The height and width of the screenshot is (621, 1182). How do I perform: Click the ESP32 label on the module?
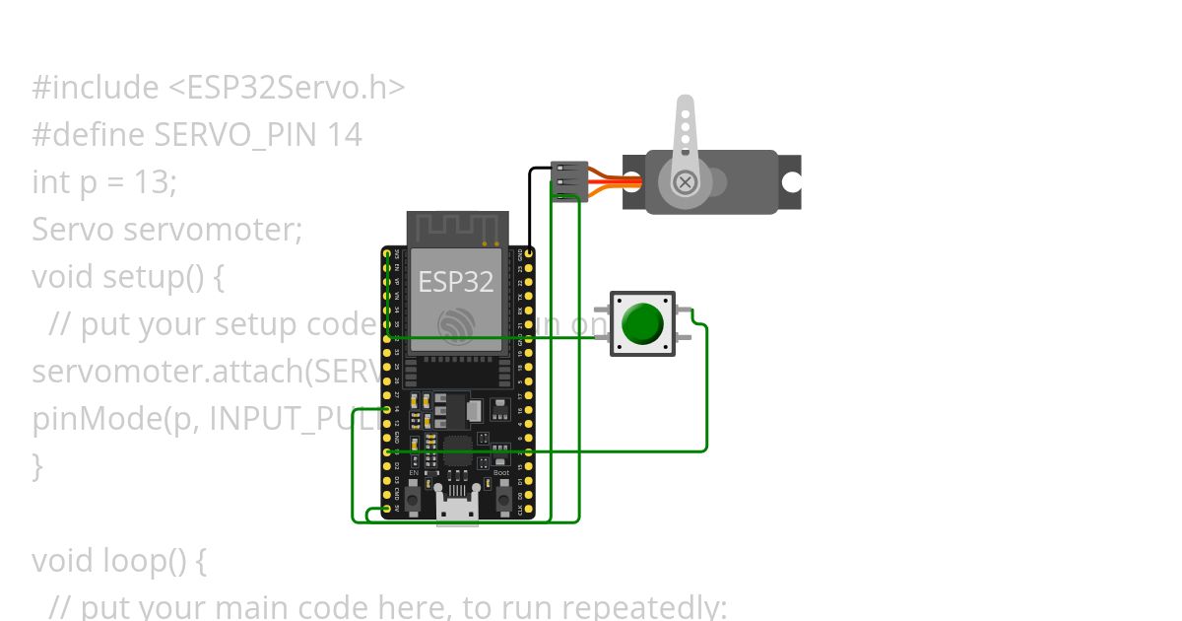455,282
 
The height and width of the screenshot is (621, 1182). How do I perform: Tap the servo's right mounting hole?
791,182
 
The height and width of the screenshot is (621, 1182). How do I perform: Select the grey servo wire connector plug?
570,181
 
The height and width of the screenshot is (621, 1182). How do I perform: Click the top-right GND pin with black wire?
529,254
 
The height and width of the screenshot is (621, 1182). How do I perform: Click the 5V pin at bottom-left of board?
386,509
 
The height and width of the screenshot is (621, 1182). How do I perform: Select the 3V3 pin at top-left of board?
386,254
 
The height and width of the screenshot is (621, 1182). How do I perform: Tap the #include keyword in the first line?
95,88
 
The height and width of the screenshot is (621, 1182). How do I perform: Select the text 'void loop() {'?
119,561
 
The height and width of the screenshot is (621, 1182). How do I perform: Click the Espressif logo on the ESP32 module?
455,324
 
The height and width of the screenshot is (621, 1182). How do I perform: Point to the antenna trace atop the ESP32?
455,228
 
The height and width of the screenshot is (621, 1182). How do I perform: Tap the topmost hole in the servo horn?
686,113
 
